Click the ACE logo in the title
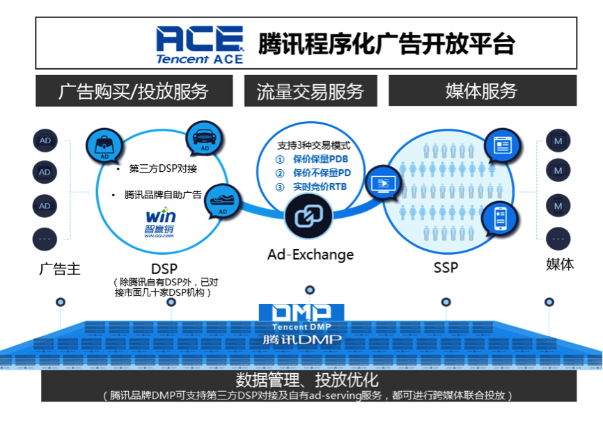click(199, 43)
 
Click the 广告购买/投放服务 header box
click(133, 90)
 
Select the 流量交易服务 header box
click(310, 90)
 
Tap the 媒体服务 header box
click(481, 90)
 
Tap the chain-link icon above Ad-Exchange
click(306, 216)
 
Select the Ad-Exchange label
click(311, 255)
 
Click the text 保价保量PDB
click(320, 160)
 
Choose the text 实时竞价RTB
click(320, 187)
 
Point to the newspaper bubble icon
click(502, 145)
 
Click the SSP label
click(446, 267)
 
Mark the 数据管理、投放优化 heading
click(307, 380)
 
